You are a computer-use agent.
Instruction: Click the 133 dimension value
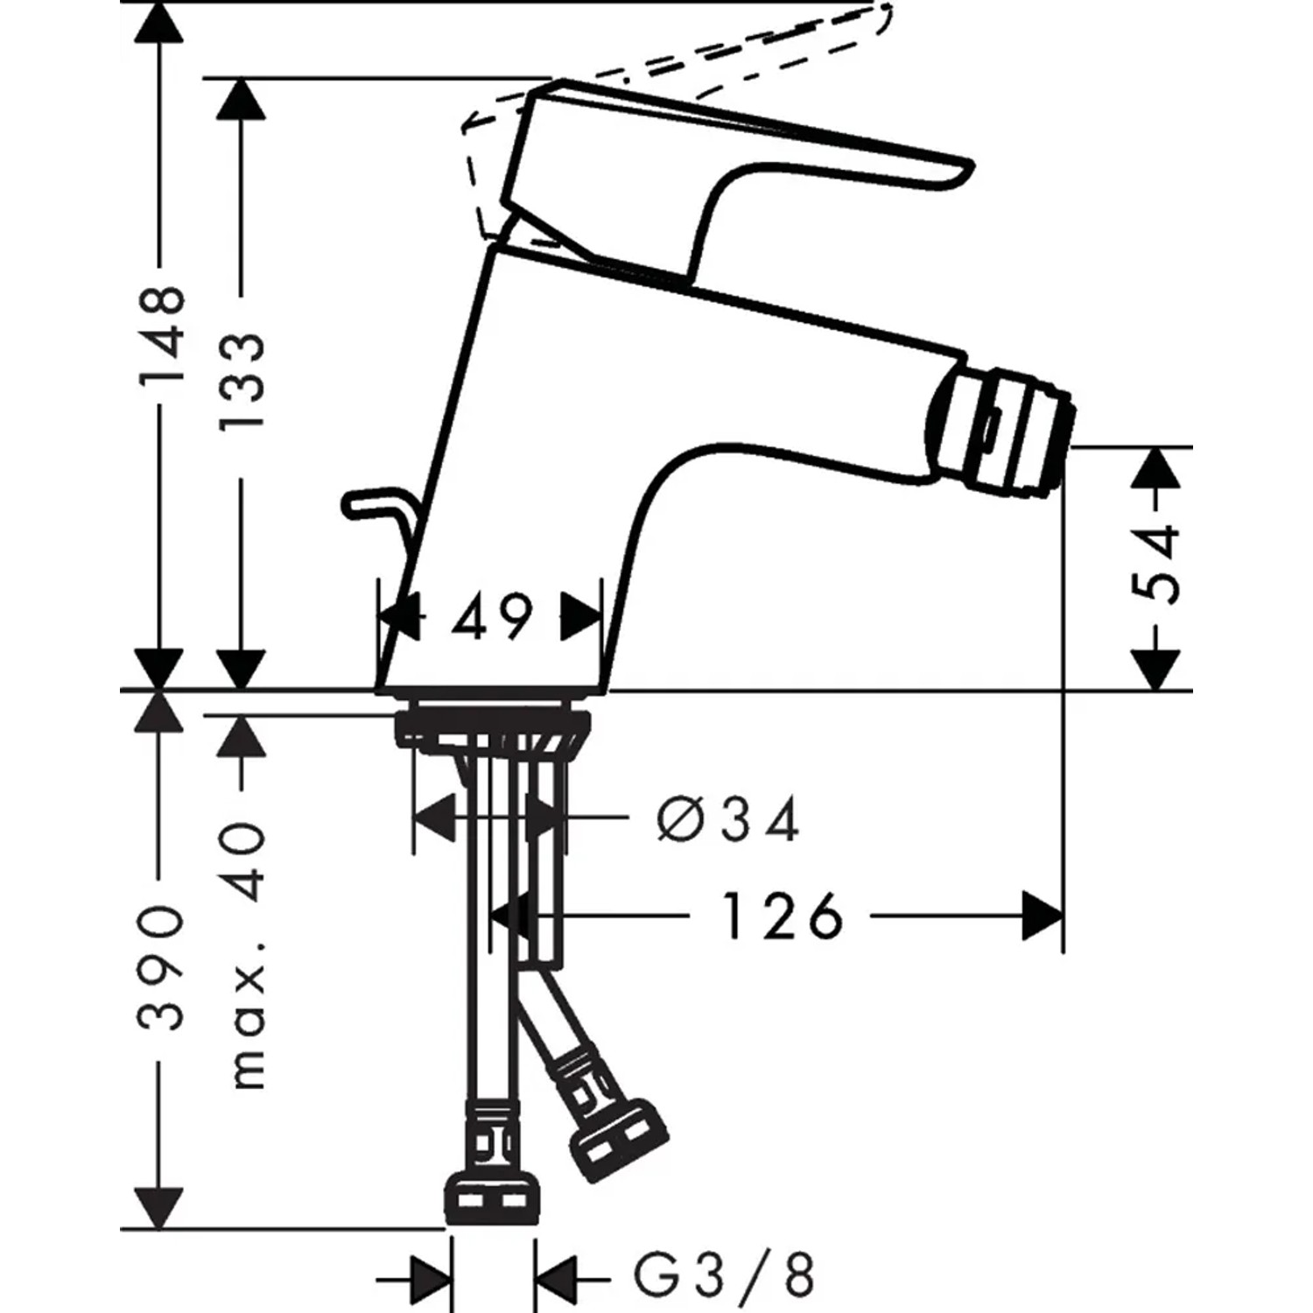(241, 380)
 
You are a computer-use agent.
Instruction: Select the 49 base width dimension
(492, 618)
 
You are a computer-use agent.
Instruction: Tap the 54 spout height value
(1157, 563)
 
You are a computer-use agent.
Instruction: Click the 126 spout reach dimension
(782, 916)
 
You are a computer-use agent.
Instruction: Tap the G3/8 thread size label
(723, 1277)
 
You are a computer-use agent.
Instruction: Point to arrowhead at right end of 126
(1043, 916)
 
